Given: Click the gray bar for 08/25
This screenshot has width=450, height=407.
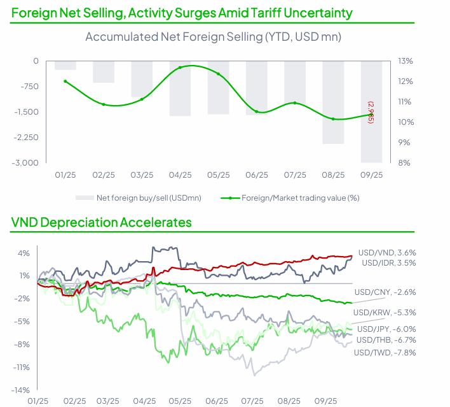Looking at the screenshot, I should pos(333,102).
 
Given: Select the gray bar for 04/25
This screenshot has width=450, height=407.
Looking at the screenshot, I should pos(181,89).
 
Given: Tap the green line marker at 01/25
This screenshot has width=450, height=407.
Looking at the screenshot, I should pos(65,82).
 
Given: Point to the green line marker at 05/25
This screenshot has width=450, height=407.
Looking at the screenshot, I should pos(219,74).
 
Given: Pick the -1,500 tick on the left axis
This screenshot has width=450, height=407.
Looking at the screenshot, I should pos(26,112).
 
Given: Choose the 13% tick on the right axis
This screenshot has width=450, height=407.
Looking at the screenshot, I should pos(406,61).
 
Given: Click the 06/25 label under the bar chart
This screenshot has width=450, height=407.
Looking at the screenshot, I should pos(257,175).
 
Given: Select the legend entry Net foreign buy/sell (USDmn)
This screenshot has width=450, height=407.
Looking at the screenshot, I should pos(148,198).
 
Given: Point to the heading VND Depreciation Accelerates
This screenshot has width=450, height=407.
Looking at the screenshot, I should pos(102,222).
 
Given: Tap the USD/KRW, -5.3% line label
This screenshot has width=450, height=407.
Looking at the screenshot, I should pos(385,312).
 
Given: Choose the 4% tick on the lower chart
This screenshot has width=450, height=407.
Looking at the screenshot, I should pos(24,253).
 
